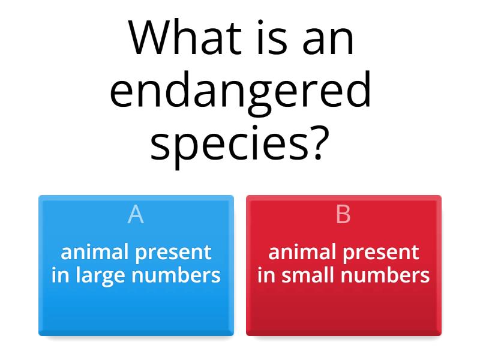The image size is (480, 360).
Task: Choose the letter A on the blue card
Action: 136,214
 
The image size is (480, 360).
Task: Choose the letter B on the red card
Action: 343,214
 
